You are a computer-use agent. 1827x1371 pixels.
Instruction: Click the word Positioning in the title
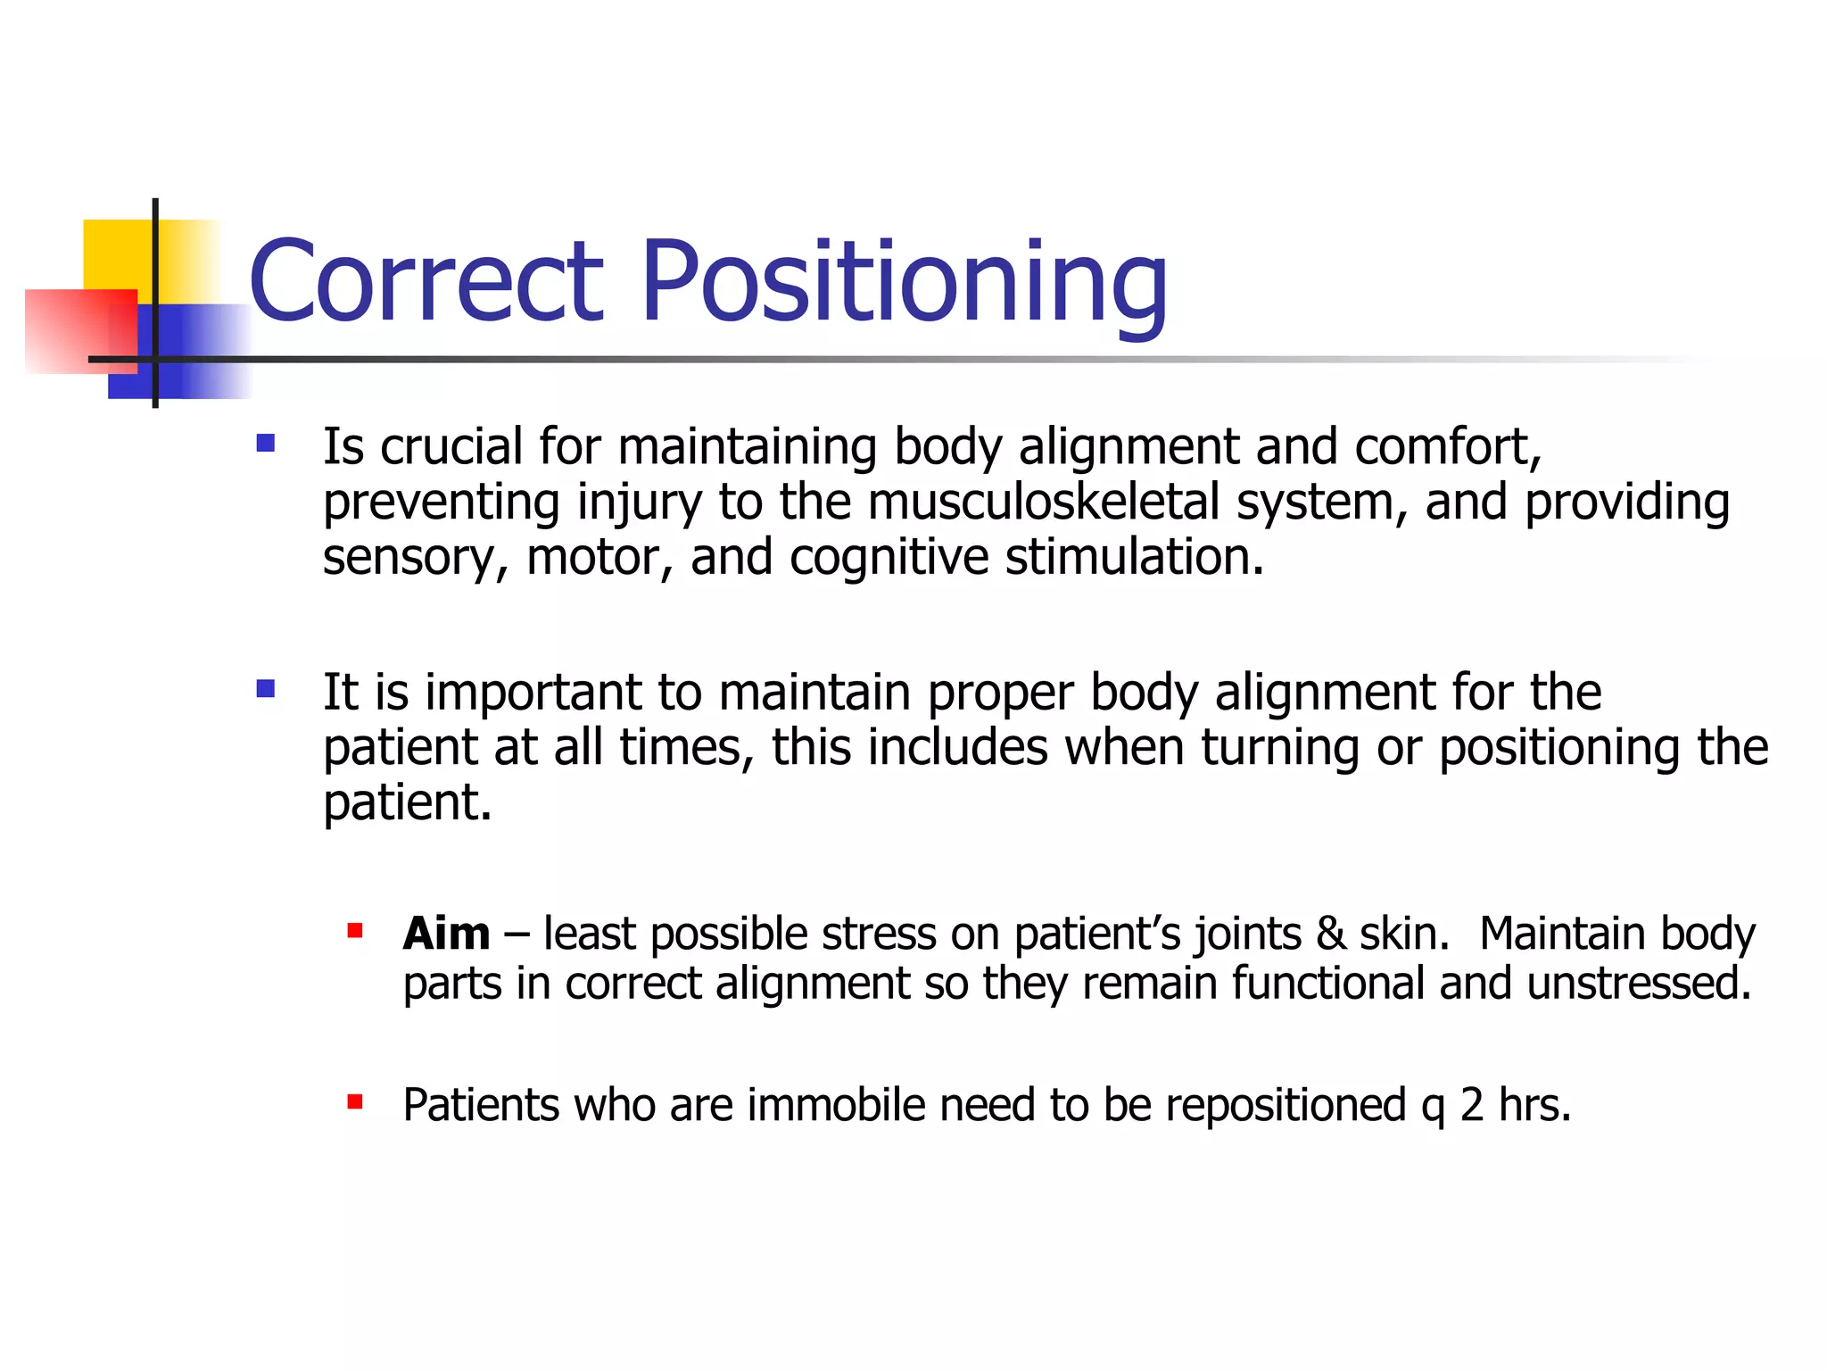click(903, 284)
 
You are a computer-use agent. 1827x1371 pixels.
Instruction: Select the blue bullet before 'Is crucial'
click(265, 443)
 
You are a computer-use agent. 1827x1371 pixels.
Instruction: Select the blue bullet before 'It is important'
click(265, 688)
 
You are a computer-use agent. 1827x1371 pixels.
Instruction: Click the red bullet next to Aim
click(355, 931)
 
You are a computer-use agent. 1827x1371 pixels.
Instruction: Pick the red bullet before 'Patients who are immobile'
click(355, 1101)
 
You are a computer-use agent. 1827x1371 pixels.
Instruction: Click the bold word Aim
click(446, 935)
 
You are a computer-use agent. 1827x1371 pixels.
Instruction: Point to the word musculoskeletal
click(1043, 502)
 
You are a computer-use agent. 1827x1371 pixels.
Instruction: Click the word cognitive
click(889, 558)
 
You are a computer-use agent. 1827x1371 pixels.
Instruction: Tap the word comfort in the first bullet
click(1445, 446)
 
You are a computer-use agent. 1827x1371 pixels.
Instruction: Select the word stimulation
click(1134, 557)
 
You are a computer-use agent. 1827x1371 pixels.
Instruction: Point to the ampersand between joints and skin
click(1330, 935)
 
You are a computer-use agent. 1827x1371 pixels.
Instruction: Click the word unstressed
click(1639, 984)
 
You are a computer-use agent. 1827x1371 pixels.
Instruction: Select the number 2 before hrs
click(1472, 1105)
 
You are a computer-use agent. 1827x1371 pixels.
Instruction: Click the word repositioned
click(1286, 1107)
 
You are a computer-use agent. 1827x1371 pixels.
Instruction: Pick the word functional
click(1327, 984)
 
